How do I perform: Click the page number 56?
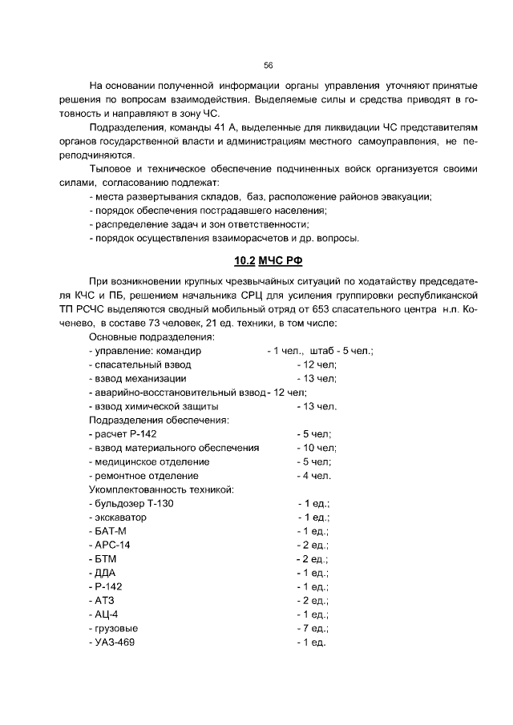(269, 66)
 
